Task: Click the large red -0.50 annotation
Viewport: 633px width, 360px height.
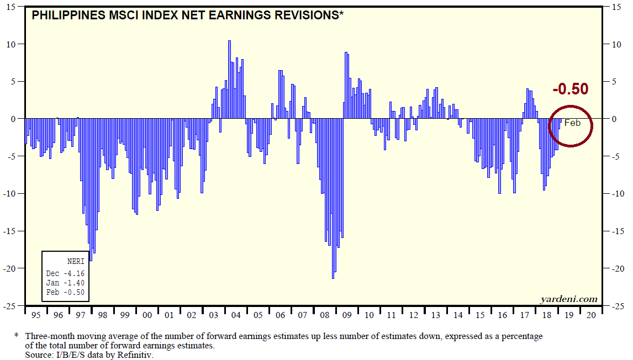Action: [x=570, y=89]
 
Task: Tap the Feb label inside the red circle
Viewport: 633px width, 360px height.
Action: [x=572, y=123]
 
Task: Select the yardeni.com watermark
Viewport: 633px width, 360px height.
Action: [x=569, y=299]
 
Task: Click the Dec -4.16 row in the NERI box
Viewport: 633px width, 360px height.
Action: [x=65, y=273]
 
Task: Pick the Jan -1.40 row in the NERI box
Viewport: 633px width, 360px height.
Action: [x=65, y=283]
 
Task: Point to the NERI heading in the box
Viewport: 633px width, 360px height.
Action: [x=76, y=262]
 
